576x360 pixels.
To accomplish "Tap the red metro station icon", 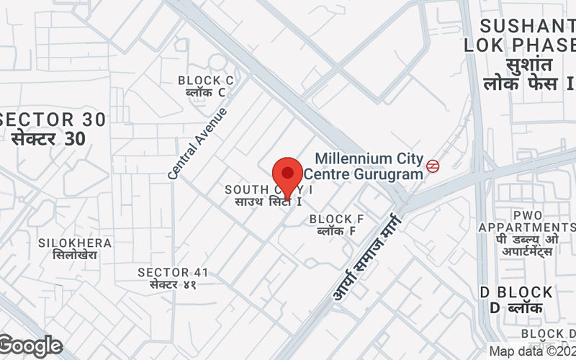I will (x=433, y=166).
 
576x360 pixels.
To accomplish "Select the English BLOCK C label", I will (x=205, y=80).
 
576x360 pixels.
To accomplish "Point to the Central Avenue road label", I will (x=197, y=143).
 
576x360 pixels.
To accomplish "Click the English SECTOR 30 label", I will (x=54, y=120).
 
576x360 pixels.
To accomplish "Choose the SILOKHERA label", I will (x=75, y=243).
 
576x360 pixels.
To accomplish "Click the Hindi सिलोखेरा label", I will (x=75, y=255).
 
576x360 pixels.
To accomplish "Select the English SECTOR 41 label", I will (x=173, y=272).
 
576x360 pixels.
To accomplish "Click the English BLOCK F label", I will (x=336, y=219).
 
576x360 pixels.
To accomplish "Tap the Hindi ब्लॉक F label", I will (x=336, y=231).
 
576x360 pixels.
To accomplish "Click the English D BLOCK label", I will (x=516, y=293).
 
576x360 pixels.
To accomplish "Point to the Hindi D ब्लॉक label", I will (x=516, y=308).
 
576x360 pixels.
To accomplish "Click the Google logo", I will (x=30, y=346).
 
